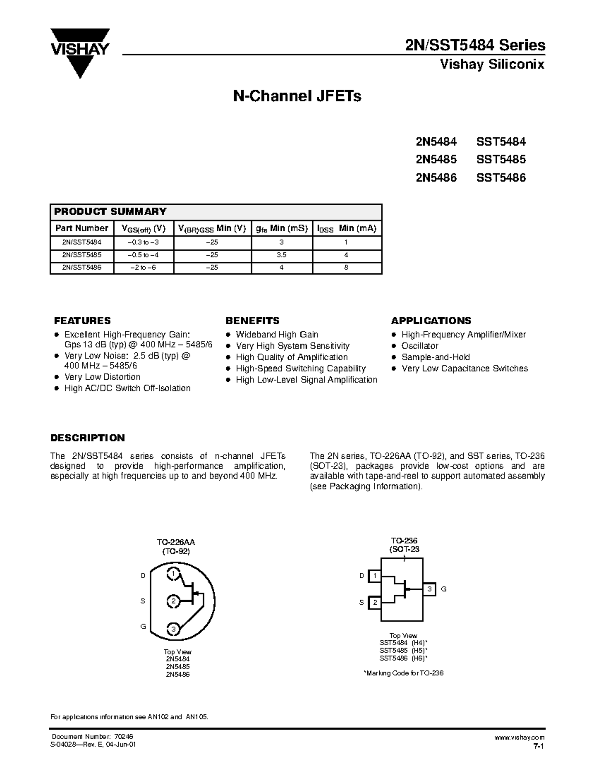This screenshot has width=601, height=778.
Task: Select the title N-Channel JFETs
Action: click(x=297, y=96)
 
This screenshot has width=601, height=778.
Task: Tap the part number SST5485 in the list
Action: click(x=501, y=160)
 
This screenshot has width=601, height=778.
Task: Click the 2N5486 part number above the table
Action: click(x=436, y=178)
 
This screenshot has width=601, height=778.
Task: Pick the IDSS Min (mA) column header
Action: click(x=347, y=228)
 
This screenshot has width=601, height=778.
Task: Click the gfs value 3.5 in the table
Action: click(x=281, y=255)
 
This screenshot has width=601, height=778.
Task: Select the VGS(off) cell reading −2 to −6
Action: click(x=143, y=268)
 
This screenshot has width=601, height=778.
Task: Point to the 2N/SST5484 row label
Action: click(x=82, y=242)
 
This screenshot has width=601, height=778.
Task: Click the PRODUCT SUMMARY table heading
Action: click(x=110, y=211)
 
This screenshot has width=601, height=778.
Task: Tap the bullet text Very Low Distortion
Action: click(x=102, y=377)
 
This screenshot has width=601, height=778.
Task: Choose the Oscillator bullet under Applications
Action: click(x=420, y=346)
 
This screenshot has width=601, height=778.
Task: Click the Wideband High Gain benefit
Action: click(x=277, y=334)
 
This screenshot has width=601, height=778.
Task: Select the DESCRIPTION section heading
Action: click(x=88, y=438)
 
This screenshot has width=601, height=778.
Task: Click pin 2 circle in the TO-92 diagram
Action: click(x=173, y=601)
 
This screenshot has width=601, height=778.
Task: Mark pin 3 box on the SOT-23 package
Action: click(x=429, y=589)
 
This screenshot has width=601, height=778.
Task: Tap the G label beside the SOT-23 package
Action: click(x=443, y=589)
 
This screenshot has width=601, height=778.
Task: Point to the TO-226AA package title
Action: click(x=176, y=542)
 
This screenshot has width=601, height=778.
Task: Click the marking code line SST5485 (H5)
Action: click(x=403, y=650)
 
